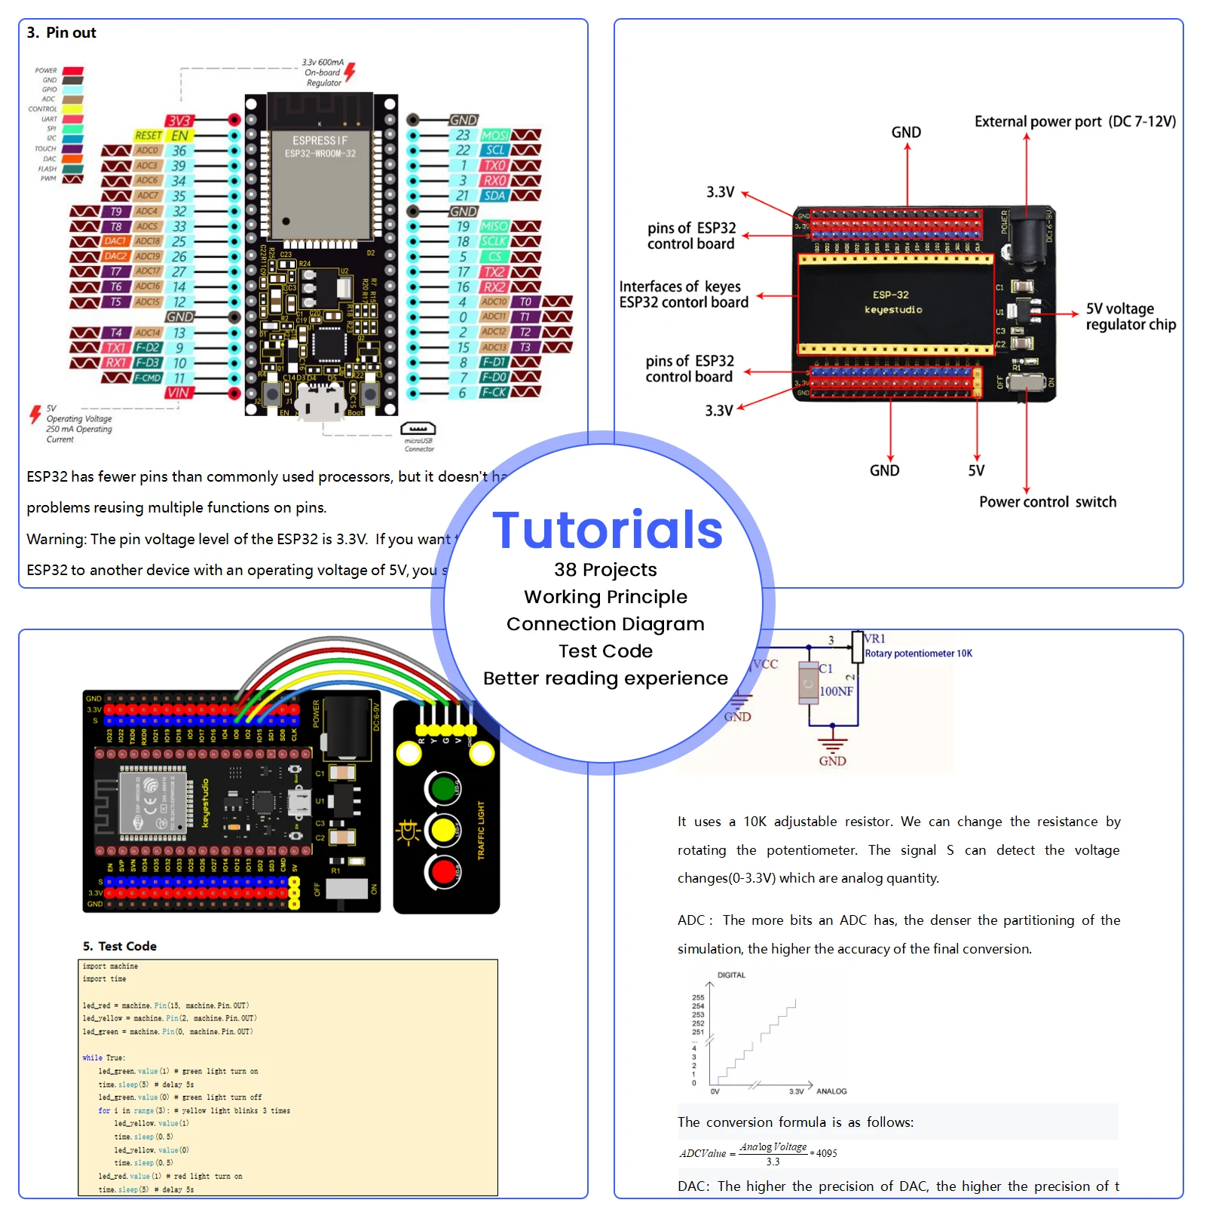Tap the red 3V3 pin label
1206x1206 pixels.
click(x=179, y=121)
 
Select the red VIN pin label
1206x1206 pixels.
click(x=179, y=393)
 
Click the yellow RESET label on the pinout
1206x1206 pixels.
click(x=148, y=136)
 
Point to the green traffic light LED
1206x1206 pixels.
click(x=443, y=788)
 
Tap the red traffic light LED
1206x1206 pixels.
click(x=443, y=872)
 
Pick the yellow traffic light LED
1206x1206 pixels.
click(x=443, y=831)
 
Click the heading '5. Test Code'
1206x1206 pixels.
click(x=120, y=946)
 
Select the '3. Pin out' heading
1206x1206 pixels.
click(x=62, y=32)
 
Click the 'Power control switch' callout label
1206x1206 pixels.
click(x=1048, y=502)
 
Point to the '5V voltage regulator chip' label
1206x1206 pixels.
click(x=1130, y=317)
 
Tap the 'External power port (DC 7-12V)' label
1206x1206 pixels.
click(x=1075, y=121)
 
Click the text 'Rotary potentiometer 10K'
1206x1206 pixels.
click(x=918, y=654)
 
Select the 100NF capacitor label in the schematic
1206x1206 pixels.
click(x=836, y=691)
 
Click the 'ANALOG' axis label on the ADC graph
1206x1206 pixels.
click(x=831, y=1091)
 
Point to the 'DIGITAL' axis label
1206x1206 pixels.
click(x=731, y=975)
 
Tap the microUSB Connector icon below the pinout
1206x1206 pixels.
click(x=418, y=429)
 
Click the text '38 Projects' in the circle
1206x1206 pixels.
click(x=605, y=570)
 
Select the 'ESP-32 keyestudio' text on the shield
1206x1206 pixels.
click(x=892, y=302)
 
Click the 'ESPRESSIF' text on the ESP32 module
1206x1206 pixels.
click(x=320, y=140)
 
